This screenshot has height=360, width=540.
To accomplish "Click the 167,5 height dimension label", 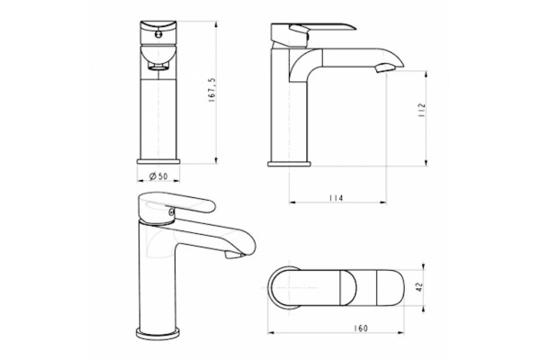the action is [211, 90].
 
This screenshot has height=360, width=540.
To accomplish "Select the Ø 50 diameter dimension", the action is [158, 176].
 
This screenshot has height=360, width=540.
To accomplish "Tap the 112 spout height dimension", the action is [421, 111].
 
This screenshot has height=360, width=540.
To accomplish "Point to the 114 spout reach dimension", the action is [336, 198].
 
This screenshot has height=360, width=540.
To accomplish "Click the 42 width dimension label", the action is [419, 287].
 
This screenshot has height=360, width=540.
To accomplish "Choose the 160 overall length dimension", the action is [361, 328].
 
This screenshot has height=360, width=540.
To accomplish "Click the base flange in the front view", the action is [158, 162].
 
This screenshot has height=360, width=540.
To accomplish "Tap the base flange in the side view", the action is [289, 164].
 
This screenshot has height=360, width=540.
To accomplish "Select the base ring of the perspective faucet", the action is [158, 334].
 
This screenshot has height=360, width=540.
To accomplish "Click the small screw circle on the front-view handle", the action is [158, 34].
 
